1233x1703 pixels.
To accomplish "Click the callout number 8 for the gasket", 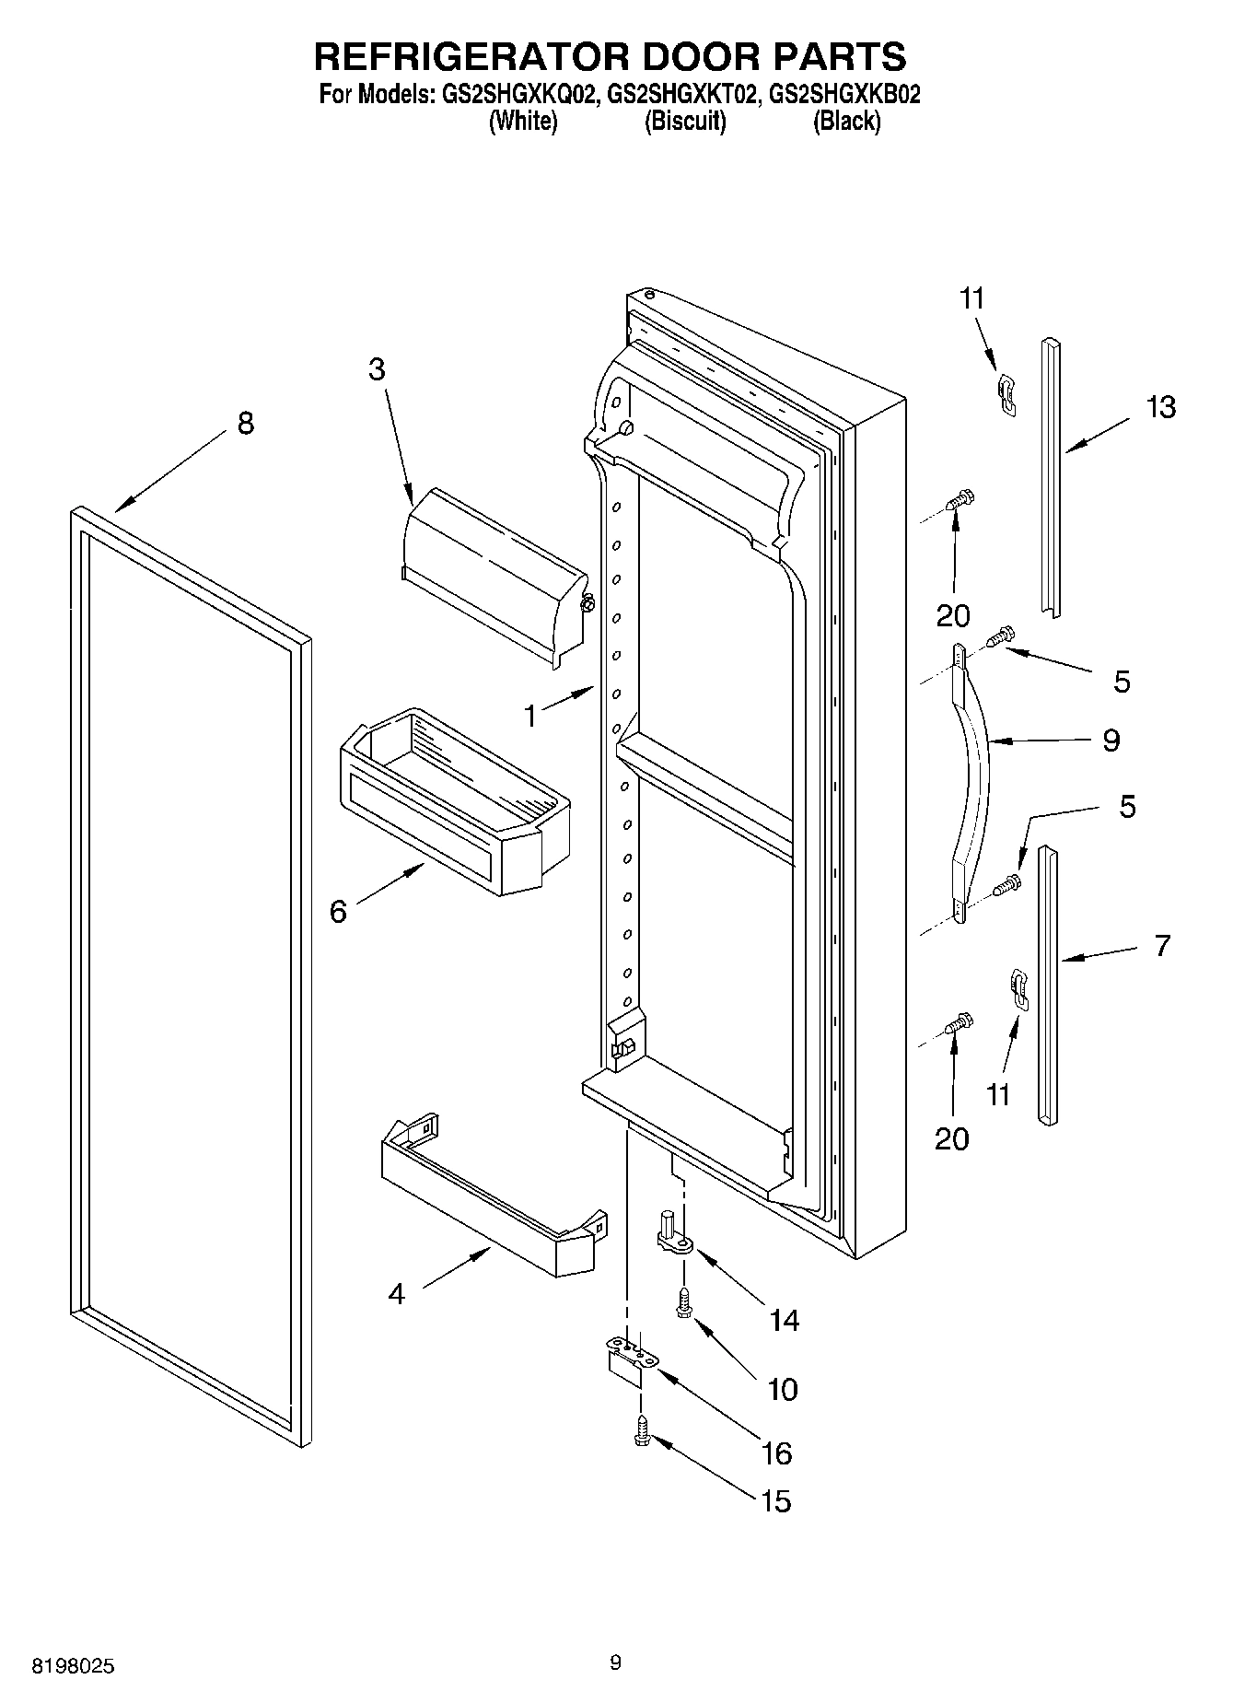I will coord(245,424).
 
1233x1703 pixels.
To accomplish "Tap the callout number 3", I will coord(376,369).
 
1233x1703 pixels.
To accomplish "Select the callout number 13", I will coord(1161,406).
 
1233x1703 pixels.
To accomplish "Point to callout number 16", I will coord(776,1453).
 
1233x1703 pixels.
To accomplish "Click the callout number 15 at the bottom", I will coord(776,1501).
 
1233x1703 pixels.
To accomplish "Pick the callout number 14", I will coord(784,1321).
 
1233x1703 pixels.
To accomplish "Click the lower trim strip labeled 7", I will coord(1049,986).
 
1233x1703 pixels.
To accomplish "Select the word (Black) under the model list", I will coord(846,122).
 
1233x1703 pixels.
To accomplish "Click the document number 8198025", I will coord(74,1666).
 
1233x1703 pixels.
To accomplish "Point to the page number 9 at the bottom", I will coord(615,1662).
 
